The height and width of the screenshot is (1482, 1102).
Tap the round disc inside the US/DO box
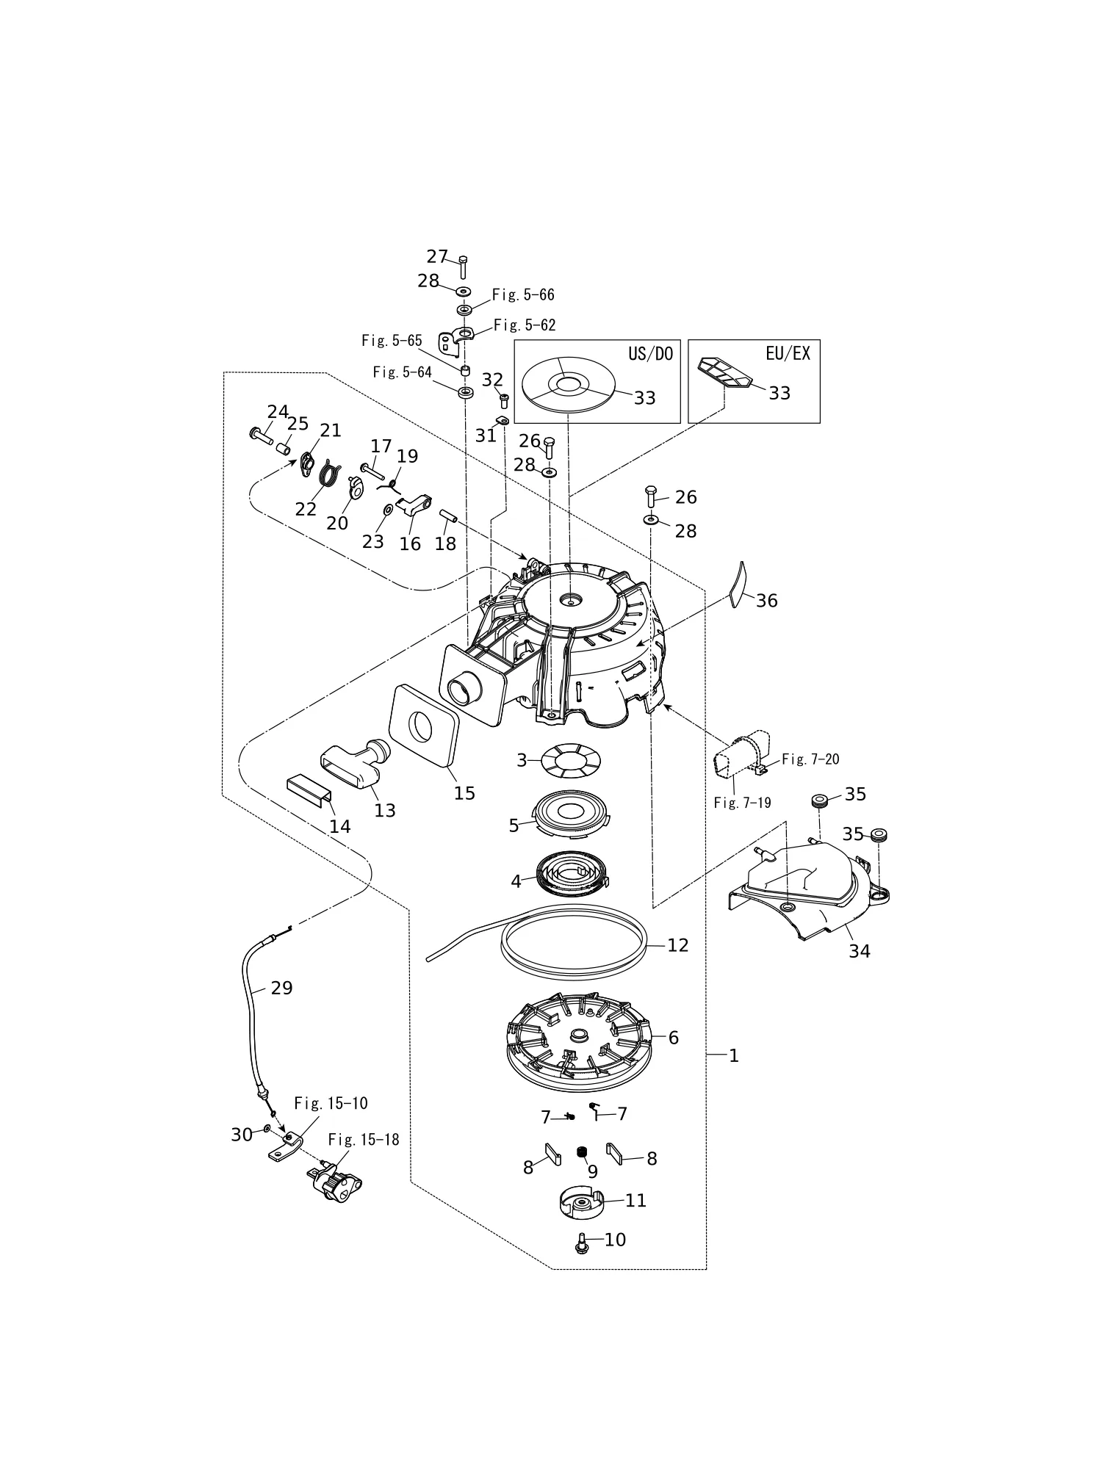[566, 386]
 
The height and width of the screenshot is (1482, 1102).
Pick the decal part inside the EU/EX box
[724, 372]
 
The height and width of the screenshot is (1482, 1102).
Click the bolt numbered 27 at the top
[463, 267]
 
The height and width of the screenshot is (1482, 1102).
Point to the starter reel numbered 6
[579, 1043]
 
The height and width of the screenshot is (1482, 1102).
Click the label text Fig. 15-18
[364, 1139]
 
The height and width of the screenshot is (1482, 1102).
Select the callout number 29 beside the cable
[281, 988]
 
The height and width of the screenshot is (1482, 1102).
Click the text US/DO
[650, 353]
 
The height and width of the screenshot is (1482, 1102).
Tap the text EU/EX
[788, 353]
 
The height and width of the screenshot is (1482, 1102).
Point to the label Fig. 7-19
[743, 803]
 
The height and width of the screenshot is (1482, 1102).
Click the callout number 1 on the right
[733, 1055]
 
